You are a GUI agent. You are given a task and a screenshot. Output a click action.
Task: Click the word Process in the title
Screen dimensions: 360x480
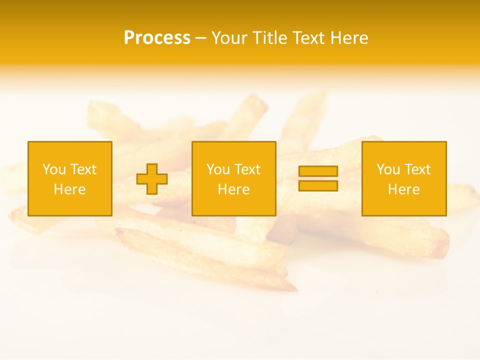157,38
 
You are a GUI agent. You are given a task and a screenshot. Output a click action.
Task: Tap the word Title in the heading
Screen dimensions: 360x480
270,38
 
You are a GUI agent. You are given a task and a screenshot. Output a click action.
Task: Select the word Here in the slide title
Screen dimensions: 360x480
349,38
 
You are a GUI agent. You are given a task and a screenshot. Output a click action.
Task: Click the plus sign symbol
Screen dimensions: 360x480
152,179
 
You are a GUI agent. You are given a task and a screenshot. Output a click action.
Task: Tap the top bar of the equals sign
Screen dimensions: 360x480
318,171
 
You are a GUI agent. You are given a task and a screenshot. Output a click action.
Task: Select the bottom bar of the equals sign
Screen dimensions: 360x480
318,185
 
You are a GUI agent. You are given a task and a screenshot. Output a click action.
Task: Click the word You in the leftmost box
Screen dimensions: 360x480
53,169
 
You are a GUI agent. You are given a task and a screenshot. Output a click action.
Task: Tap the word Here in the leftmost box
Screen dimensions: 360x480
69,189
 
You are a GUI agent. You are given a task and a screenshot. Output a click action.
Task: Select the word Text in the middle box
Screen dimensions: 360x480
246,169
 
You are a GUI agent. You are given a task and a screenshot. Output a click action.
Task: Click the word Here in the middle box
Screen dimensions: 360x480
233,189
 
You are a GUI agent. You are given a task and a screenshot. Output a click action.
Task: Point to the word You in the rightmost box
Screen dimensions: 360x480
387,169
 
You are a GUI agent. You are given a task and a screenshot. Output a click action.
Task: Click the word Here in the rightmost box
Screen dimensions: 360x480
403,189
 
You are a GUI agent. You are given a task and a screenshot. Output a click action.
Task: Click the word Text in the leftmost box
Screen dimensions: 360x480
82,169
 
